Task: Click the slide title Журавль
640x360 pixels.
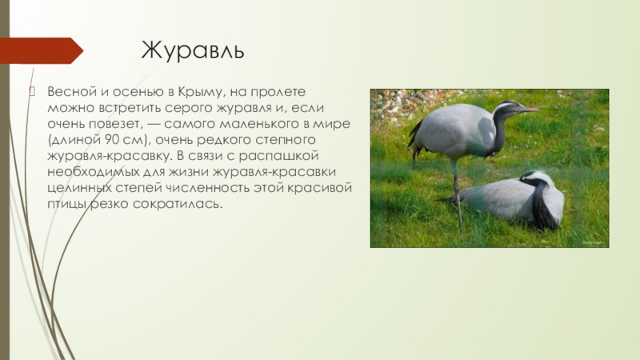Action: [192, 52]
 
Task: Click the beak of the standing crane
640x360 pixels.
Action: [529, 110]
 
